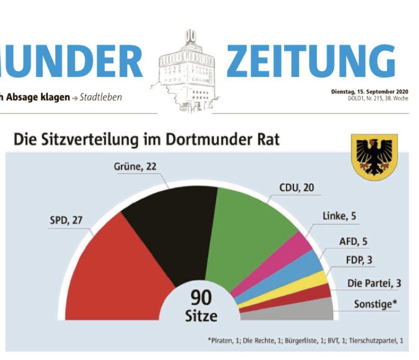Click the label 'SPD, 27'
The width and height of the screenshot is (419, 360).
point(66,221)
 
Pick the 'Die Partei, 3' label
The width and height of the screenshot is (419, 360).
point(374,283)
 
